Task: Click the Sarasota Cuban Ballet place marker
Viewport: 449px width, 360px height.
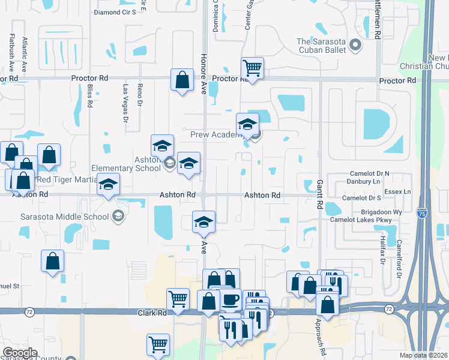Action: point(355,45)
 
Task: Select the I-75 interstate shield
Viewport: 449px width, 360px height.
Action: point(422,212)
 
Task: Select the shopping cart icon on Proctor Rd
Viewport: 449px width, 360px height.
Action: point(252,68)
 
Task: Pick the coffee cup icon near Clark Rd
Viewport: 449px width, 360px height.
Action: point(230,299)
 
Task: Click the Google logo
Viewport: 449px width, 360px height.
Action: point(20,353)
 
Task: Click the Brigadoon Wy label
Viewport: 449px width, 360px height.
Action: point(381,212)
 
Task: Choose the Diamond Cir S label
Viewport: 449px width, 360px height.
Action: point(116,12)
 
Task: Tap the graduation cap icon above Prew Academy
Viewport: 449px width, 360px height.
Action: point(247,124)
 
